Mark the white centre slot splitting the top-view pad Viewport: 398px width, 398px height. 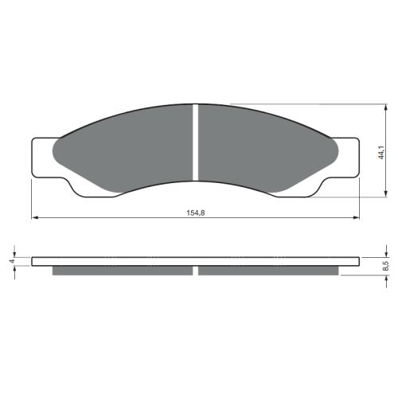click(195, 143)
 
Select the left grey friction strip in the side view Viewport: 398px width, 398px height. click(123, 271)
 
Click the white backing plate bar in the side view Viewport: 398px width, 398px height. click(195, 261)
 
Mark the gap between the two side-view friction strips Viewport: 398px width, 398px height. click(195, 271)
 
